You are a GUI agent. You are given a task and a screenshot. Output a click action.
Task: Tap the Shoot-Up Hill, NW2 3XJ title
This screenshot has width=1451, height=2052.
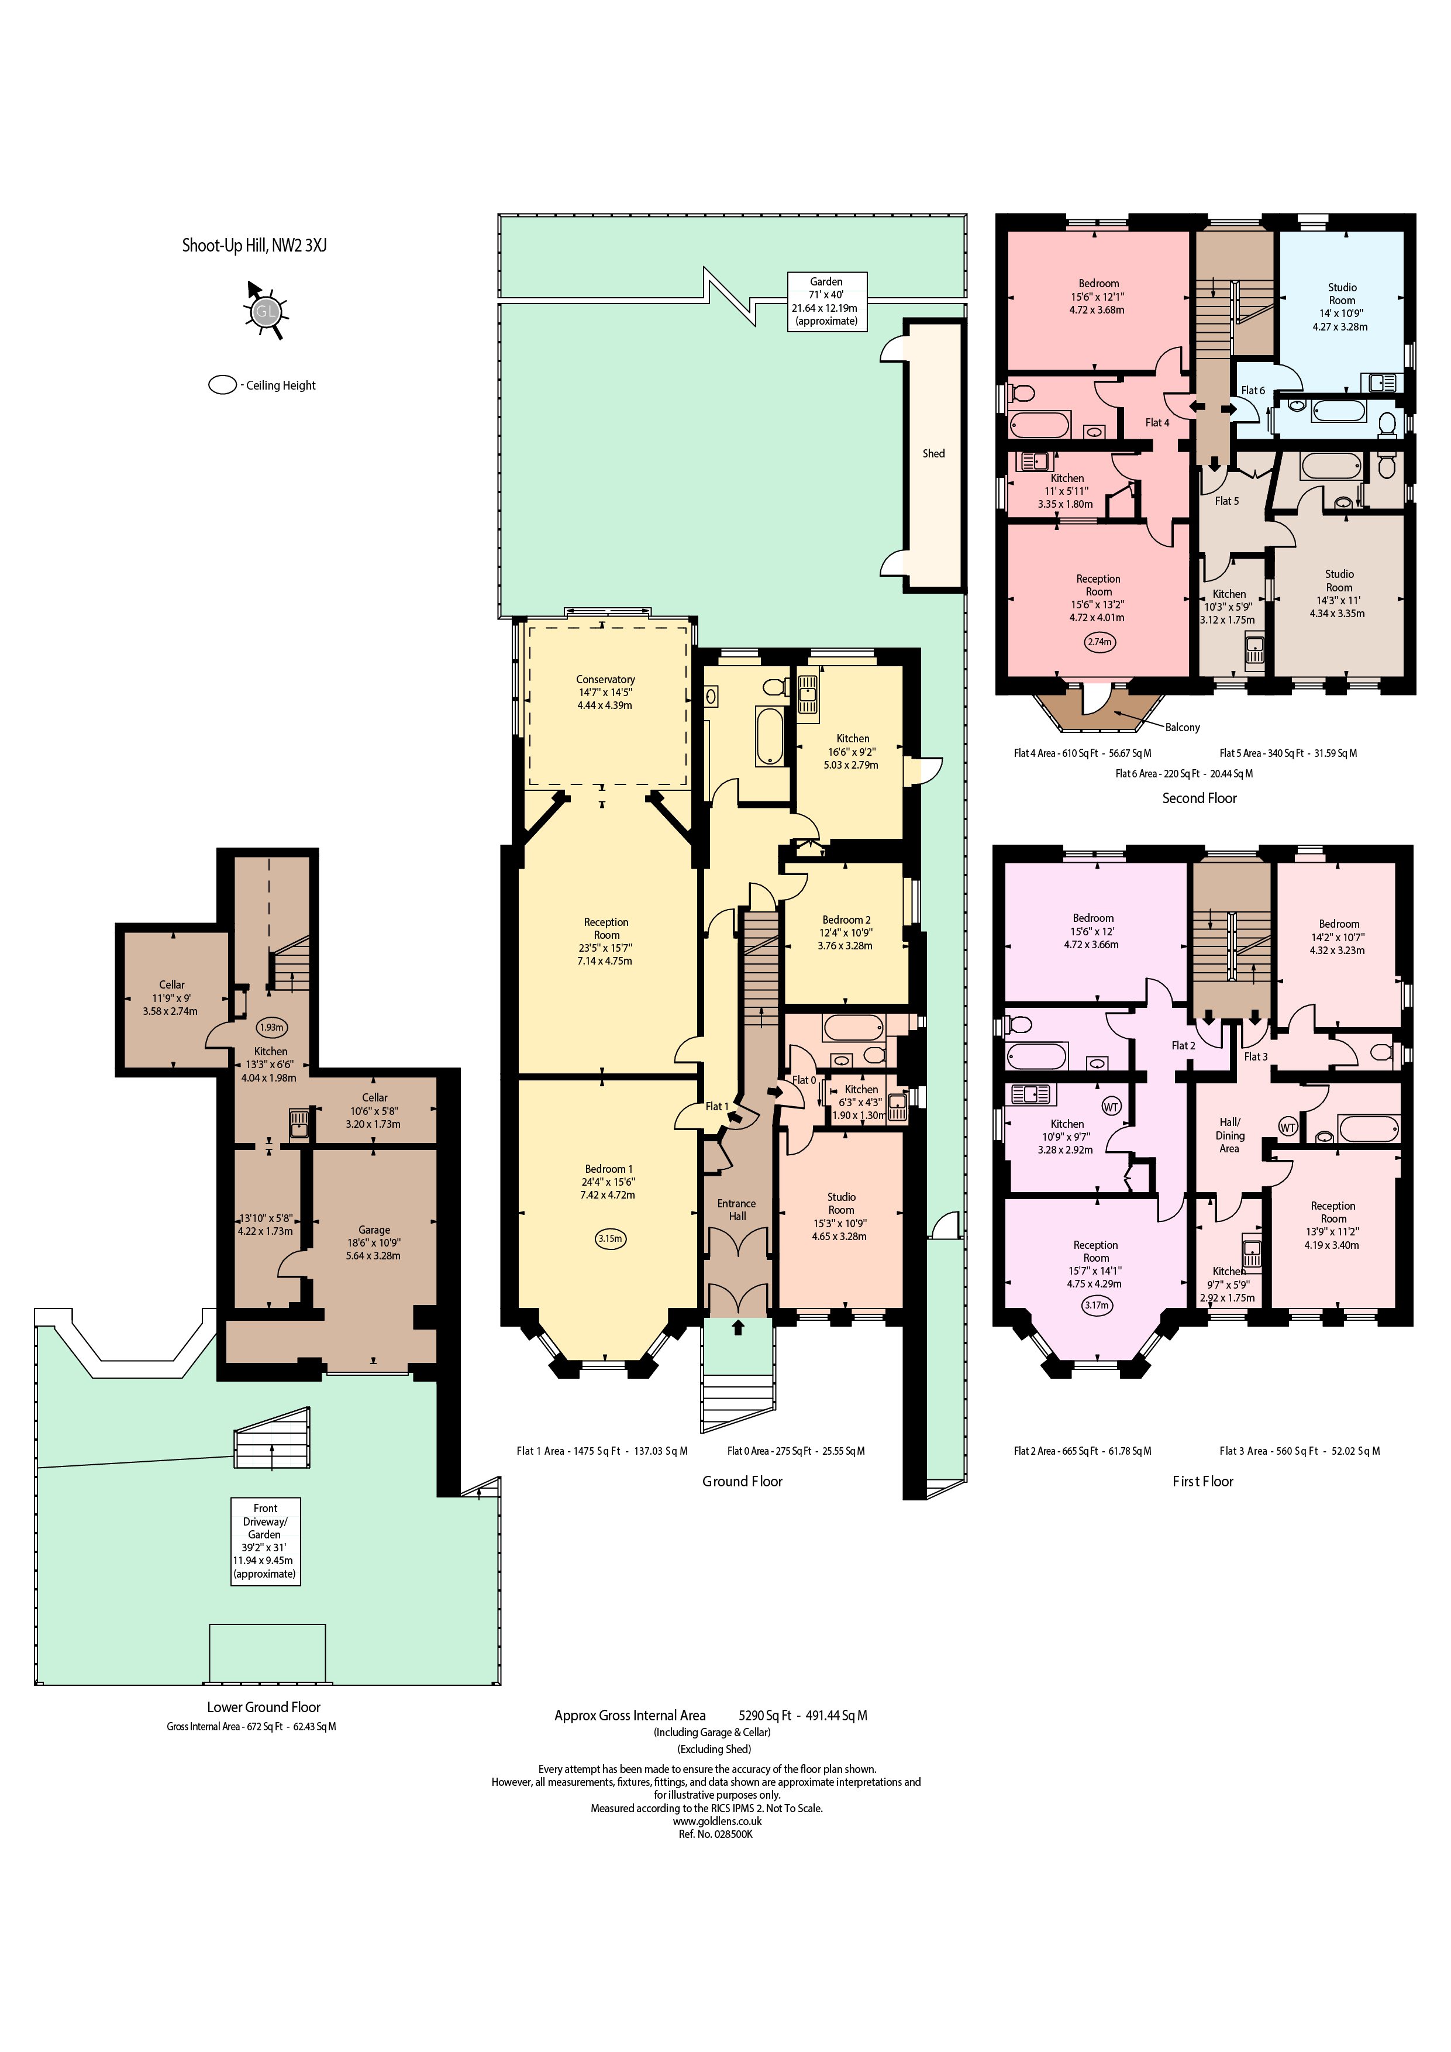click(254, 245)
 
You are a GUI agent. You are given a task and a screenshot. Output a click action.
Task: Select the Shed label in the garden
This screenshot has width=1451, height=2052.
click(933, 453)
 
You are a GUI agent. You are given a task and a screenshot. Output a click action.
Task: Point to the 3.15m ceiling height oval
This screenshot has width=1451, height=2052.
click(610, 1239)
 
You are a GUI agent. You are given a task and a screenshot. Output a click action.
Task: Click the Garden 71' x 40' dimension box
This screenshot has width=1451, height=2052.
click(826, 301)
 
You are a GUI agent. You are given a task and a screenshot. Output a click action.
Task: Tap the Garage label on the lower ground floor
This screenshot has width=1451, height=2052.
click(374, 1230)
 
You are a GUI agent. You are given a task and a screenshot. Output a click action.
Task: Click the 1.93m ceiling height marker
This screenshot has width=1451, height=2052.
click(271, 1027)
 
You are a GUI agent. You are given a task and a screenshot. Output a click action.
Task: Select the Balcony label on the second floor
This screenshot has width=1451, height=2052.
click(1182, 728)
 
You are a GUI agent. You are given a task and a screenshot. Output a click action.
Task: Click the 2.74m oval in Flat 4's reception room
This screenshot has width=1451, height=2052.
click(1100, 642)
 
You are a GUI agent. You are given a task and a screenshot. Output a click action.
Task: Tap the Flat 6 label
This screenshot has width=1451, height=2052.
click(1253, 391)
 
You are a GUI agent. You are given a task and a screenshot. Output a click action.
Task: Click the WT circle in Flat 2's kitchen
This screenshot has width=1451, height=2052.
click(1111, 1107)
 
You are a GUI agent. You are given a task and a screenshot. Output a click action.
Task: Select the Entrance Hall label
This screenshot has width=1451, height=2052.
click(737, 1209)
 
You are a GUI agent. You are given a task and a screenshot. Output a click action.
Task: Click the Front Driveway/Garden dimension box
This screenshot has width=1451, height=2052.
click(266, 1541)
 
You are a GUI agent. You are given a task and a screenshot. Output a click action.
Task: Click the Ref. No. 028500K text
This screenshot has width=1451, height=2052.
click(715, 1834)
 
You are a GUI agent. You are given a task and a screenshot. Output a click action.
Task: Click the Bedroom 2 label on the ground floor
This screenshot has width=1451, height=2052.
click(846, 920)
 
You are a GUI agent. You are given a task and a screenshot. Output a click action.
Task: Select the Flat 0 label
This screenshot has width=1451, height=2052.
click(804, 1080)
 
